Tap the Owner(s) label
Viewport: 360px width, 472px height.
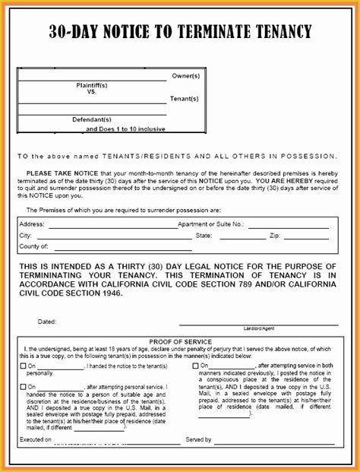(x=185, y=77)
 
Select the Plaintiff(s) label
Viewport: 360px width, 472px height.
(x=92, y=85)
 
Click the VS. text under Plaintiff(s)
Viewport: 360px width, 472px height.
(x=92, y=92)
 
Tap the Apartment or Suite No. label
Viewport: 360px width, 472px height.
(x=210, y=225)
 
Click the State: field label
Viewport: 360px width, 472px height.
(x=204, y=236)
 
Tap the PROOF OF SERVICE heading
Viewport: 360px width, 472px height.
(x=180, y=342)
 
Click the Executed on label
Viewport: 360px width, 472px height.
(x=36, y=440)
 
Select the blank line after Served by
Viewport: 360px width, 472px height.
(x=273, y=441)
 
